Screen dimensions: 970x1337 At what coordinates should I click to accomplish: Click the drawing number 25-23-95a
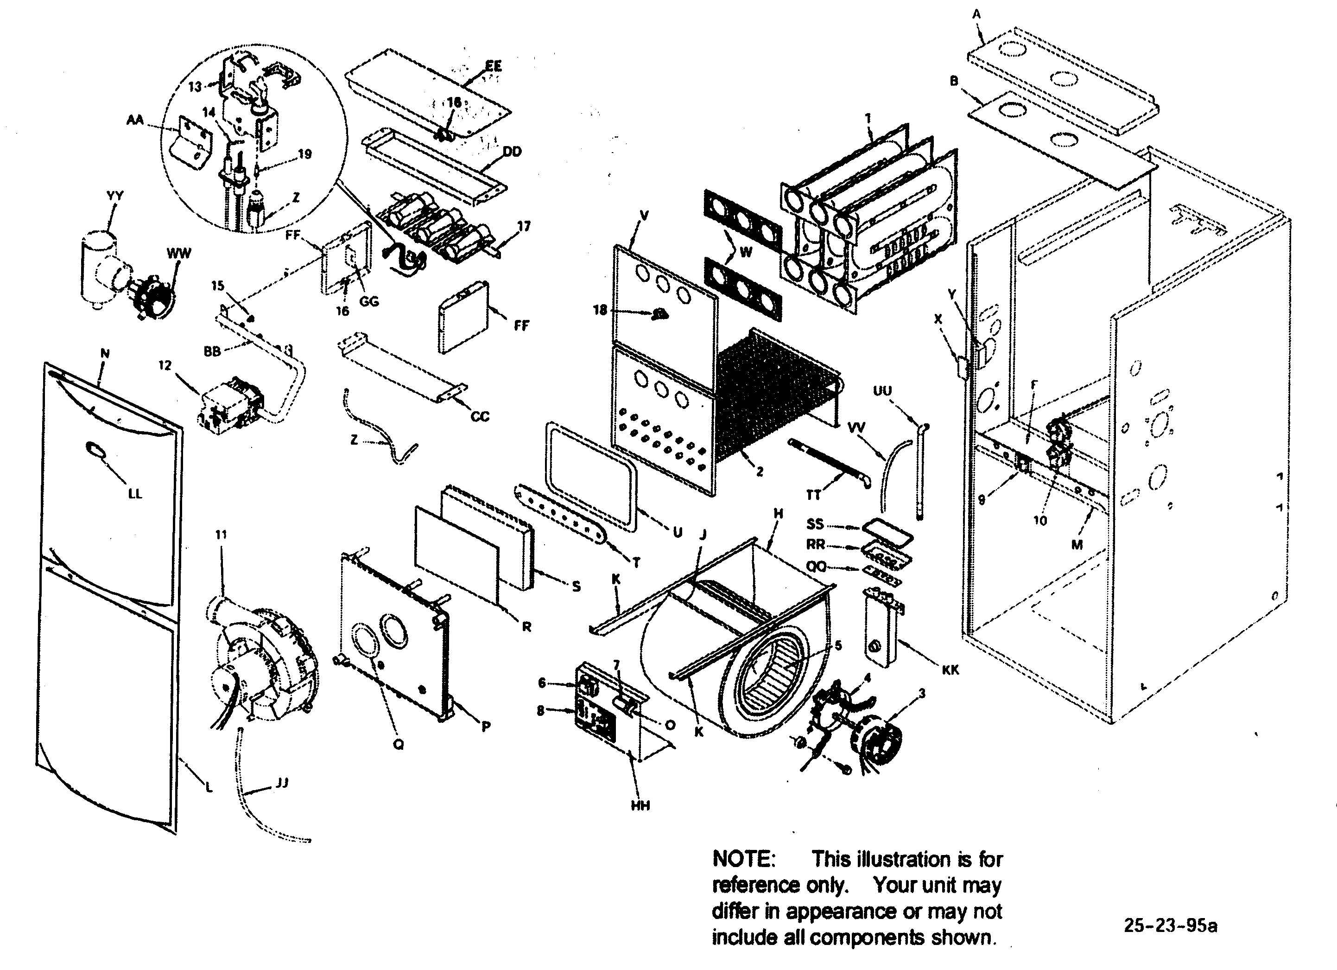(x=1170, y=925)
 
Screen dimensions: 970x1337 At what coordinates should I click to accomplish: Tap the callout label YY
(x=115, y=196)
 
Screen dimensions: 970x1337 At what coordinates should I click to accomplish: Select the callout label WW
(x=178, y=254)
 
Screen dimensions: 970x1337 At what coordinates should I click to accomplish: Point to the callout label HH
(x=640, y=805)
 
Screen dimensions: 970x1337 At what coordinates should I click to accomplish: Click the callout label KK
(x=950, y=670)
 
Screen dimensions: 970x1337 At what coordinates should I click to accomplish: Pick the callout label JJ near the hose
(x=282, y=783)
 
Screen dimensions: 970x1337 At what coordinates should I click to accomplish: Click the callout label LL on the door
(x=135, y=493)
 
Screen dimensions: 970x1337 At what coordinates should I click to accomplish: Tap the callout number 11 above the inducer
(x=221, y=535)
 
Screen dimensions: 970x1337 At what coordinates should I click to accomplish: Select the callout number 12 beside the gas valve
(x=165, y=365)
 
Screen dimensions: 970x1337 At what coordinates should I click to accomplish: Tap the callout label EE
(x=494, y=65)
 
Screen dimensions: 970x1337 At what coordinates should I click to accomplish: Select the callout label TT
(x=813, y=495)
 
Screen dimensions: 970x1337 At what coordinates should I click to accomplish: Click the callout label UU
(x=882, y=391)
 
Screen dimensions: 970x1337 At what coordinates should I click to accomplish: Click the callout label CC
(x=480, y=417)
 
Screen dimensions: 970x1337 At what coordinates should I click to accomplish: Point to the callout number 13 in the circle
(x=195, y=87)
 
